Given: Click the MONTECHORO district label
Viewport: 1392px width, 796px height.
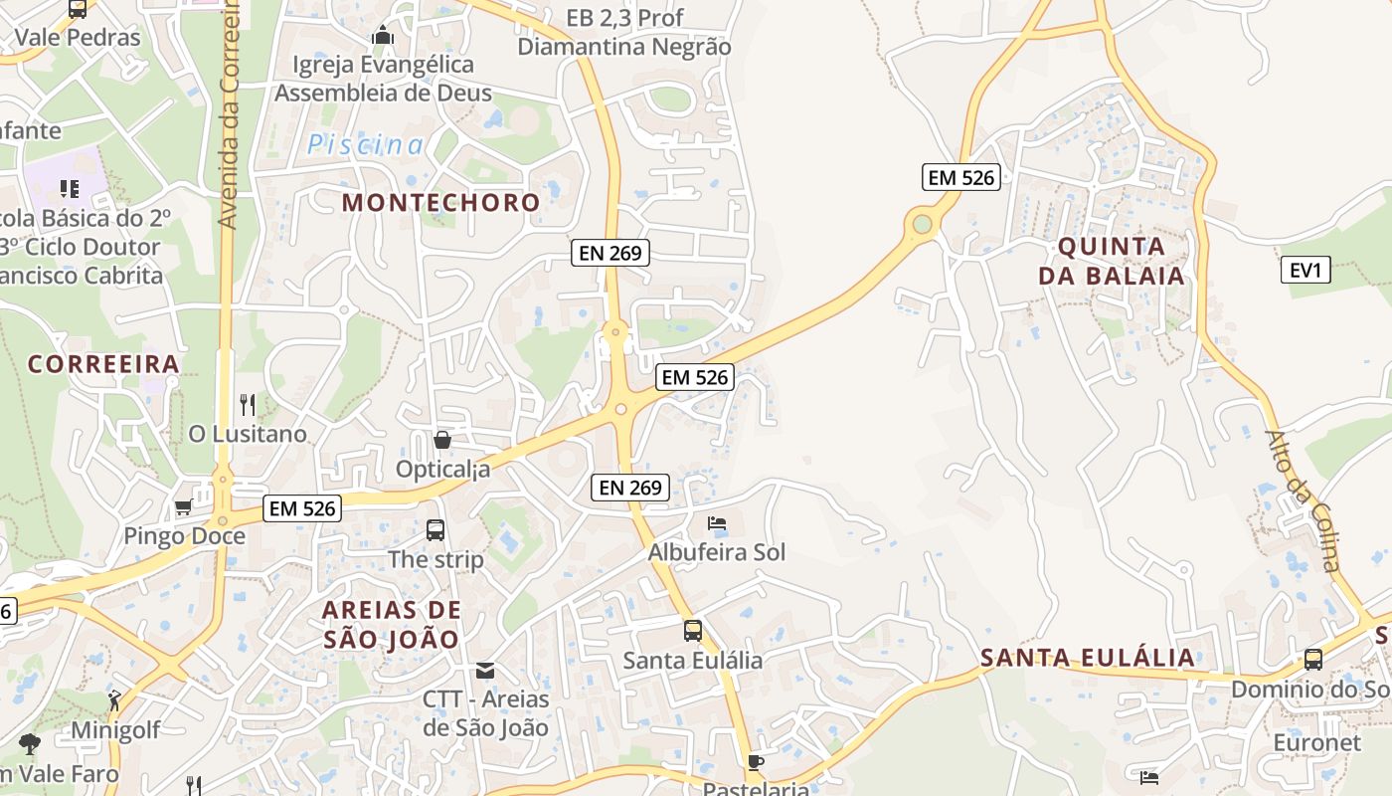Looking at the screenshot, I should tap(441, 203).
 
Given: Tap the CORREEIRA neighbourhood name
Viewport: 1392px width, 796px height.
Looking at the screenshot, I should tap(103, 364).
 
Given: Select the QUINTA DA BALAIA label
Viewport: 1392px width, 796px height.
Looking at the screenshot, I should tap(1112, 262).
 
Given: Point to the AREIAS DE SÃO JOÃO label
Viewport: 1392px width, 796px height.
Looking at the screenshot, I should tap(392, 624).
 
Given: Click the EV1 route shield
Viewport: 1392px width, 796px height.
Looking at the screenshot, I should tap(1305, 270).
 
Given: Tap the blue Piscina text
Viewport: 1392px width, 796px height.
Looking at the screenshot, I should tap(365, 145).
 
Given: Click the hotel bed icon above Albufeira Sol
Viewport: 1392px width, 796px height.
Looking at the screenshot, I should tap(717, 523).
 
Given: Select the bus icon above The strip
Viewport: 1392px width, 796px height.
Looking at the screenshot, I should tap(435, 530).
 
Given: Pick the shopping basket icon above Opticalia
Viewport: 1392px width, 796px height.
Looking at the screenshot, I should tap(442, 439).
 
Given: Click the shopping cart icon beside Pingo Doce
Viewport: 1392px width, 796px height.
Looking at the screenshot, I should tap(183, 507).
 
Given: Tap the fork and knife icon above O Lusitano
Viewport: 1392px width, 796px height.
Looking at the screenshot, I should tap(248, 404).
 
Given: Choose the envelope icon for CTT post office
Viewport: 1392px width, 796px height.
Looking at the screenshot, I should tap(485, 670).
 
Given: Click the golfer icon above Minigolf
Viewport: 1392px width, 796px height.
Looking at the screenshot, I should tap(115, 700).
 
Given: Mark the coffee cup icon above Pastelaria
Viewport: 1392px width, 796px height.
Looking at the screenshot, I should tap(756, 762).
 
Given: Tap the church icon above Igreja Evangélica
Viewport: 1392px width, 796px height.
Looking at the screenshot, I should tap(383, 36).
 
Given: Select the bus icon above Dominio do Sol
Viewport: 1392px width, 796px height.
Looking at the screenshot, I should tap(1313, 660).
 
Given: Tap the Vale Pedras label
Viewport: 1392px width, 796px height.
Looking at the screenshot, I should tap(78, 38).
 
